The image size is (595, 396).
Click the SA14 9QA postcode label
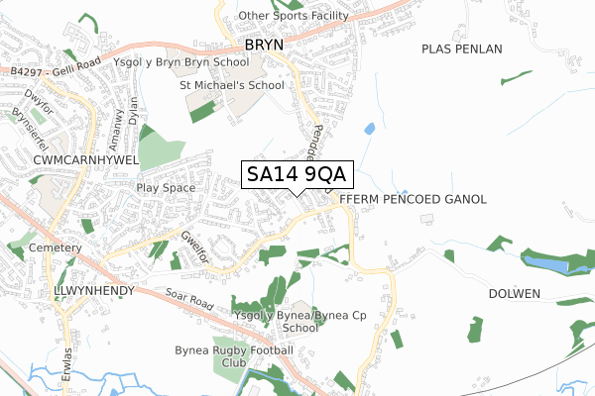pyautogui.click(x=296, y=174)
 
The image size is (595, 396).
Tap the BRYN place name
pyautogui.click(x=264, y=46)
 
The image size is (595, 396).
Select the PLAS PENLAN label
pyautogui.click(x=461, y=49)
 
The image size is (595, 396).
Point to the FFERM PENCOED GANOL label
pyautogui.click(x=413, y=199)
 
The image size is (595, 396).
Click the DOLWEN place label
pyautogui.click(x=514, y=294)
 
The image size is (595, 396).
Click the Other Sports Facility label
pyautogui.click(x=294, y=17)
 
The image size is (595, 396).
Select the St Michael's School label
pyautogui.click(x=231, y=85)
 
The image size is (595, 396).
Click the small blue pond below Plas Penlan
pyautogui.click(x=370, y=129)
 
